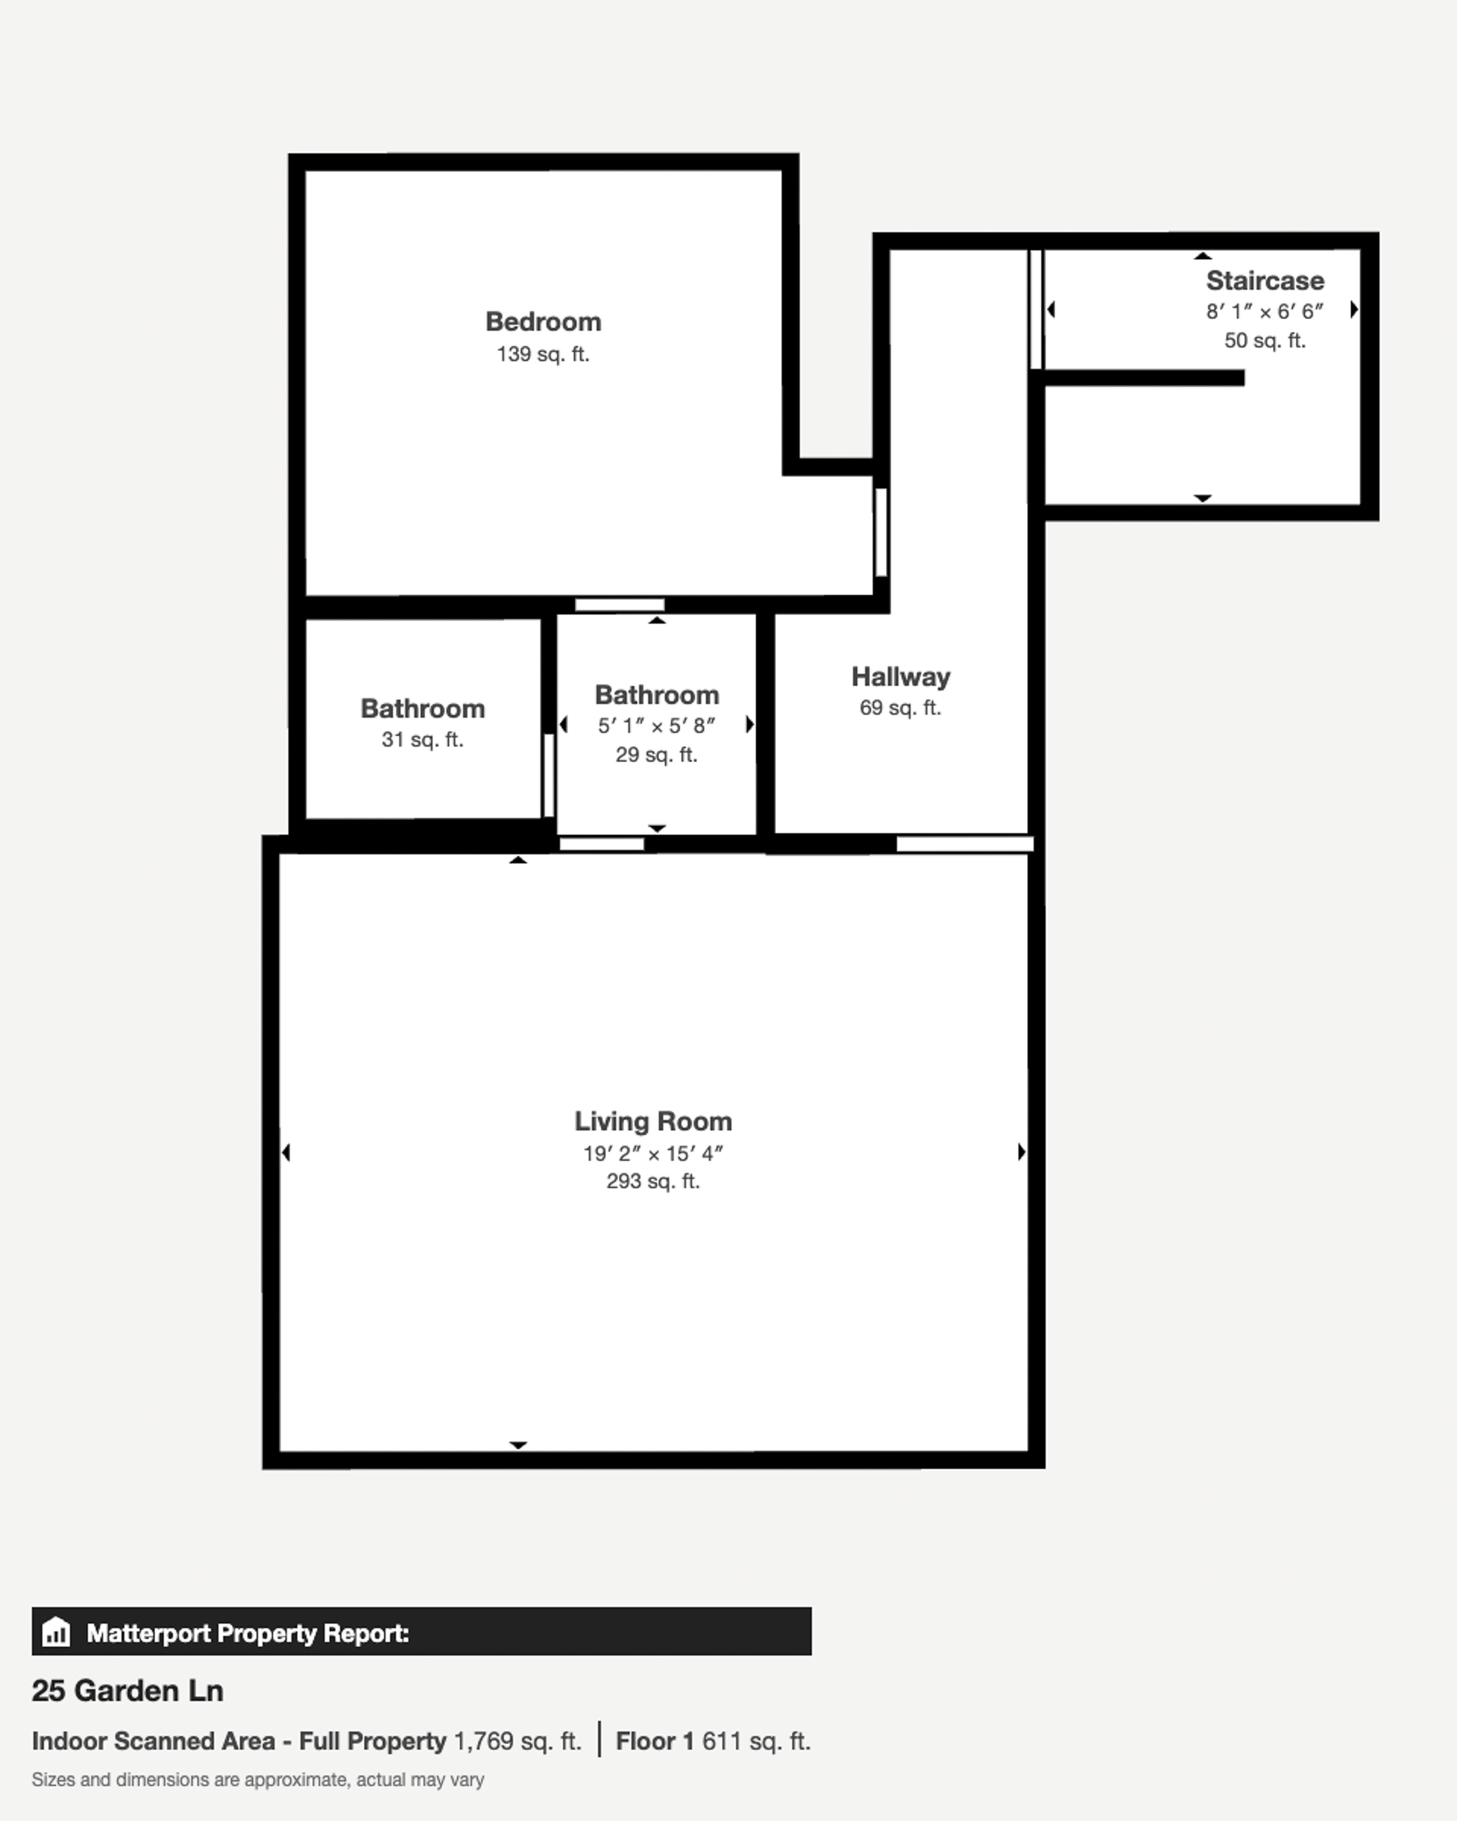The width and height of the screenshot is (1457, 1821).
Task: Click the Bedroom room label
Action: (543, 322)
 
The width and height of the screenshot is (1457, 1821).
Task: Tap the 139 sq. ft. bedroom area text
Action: (543, 354)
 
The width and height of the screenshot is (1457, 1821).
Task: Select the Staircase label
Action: (1265, 280)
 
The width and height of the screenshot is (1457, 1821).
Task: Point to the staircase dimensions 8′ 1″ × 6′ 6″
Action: (1265, 311)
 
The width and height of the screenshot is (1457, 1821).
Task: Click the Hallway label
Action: (900, 677)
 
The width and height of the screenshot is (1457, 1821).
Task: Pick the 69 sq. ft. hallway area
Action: (900, 708)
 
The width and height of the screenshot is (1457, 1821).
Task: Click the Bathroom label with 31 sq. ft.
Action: (423, 708)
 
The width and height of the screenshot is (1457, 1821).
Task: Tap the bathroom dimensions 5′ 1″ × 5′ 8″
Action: (656, 725)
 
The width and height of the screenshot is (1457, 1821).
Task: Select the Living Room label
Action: (653, 1122)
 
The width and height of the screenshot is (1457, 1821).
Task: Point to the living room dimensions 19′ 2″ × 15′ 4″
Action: (653, 1154)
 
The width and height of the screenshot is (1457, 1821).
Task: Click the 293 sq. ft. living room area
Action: (653, 1182)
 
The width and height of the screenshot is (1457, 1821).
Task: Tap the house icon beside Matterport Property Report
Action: (56, 1632)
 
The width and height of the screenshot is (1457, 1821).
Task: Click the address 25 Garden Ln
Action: (127, 1691)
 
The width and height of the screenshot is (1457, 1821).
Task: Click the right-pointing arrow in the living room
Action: (1021, 1152)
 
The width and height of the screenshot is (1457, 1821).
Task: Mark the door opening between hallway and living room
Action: (965, 844)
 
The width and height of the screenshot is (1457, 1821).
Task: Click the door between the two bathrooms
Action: (548, 775)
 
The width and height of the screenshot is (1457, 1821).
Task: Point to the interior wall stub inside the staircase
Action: (1144, 378)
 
